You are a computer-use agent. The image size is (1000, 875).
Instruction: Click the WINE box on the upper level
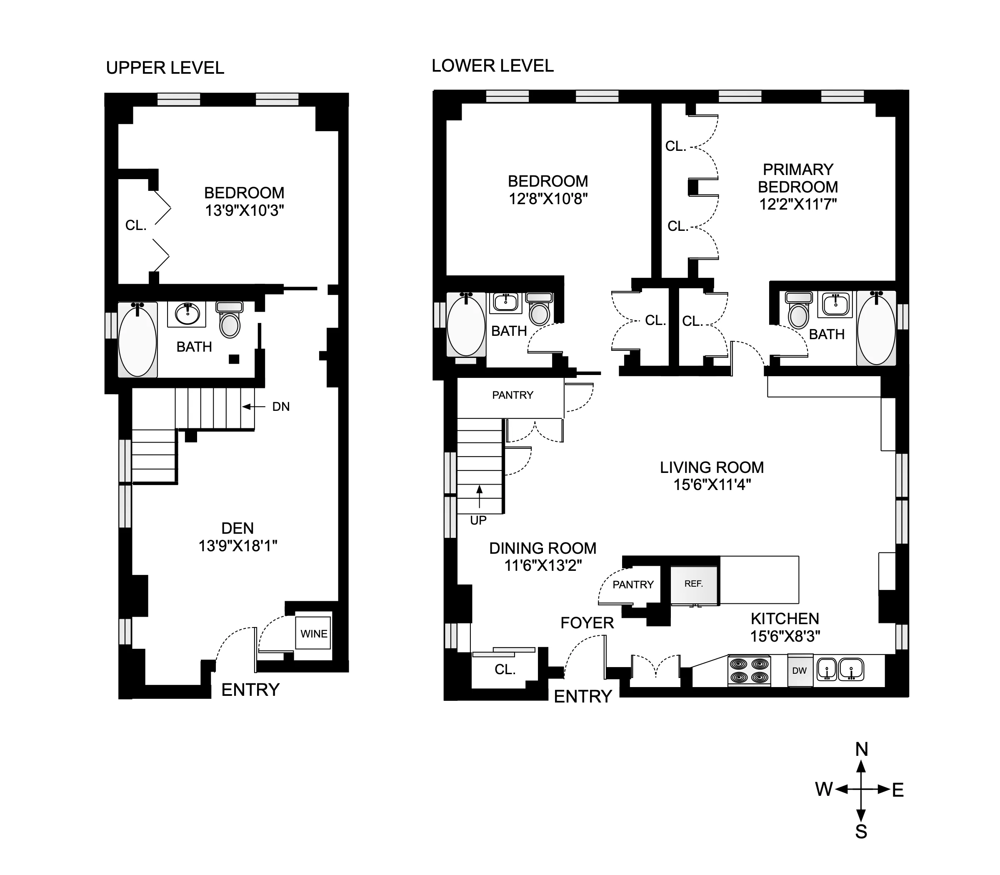[x=313, y=633]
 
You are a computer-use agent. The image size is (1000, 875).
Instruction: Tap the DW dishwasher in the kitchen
[x=799, y=670]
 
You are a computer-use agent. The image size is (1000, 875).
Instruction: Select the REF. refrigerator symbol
[x=693, y=584]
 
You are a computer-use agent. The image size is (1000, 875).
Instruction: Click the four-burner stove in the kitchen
[x=749, y=670]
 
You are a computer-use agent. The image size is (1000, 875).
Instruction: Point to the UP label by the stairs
[x=478, y=520]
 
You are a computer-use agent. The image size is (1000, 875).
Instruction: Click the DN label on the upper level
[x=281, y=407]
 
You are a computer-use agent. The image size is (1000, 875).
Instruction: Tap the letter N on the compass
[x=861, y=750]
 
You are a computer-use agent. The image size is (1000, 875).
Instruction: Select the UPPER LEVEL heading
[x=165, y=68]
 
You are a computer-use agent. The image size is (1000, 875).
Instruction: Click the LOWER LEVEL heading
[x=492, y=66]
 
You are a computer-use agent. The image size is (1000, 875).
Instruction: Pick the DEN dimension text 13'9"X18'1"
[x=238, y=546]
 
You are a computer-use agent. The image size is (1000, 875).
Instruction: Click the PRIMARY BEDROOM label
[x=798, y=178]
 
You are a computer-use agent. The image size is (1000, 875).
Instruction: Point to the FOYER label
[x=587, y=623]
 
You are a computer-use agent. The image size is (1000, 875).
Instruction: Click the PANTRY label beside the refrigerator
[x=633, y=585]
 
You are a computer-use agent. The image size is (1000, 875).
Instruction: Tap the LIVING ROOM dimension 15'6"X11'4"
[x=712, y=485]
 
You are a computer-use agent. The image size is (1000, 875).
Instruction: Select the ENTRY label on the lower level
[x=582, y=696]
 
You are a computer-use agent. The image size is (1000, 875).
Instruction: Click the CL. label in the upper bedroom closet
[x=136, y=225]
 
